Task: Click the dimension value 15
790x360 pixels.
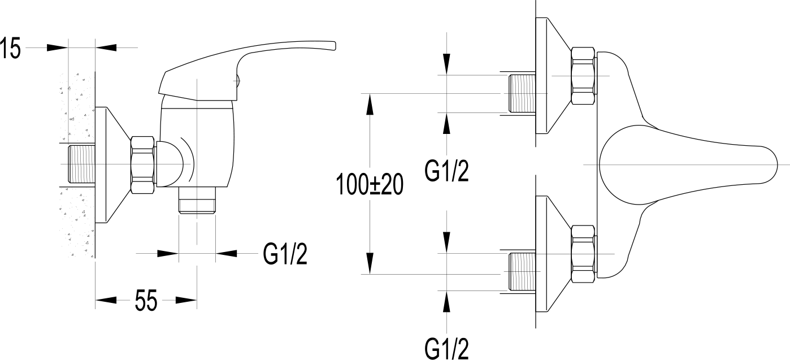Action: (11, 49)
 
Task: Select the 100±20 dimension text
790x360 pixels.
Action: (370, 185)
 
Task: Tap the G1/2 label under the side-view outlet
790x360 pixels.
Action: (285, 255)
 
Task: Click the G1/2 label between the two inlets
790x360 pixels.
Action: (446, 170)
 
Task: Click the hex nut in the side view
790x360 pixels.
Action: (143, 166)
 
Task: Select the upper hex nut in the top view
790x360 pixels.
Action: (583, 75)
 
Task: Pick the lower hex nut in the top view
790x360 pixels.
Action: (583, 254)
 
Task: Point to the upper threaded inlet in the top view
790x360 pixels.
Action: (522, 93)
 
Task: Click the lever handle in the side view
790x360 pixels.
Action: (249, 59)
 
